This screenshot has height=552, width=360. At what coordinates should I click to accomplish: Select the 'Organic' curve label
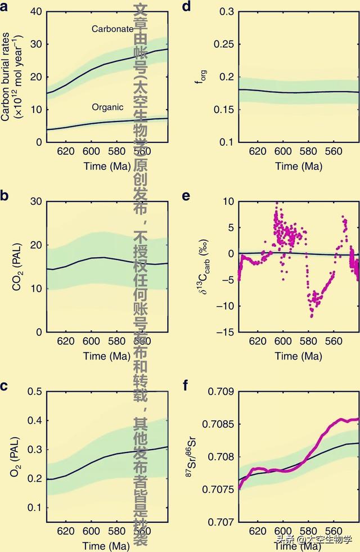pos(108,106)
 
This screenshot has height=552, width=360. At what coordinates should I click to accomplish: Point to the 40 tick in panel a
pos(37,12)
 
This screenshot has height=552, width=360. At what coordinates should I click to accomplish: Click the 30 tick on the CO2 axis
pos(37,201)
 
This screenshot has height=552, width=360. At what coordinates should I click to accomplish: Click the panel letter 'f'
pos(187,385)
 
